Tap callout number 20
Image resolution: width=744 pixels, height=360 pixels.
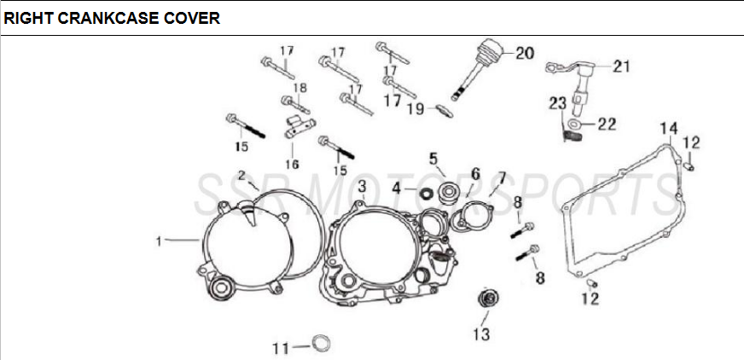point(524,53)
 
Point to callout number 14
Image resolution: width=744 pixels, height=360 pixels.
point(668,129)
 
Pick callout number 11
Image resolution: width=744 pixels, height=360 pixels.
point(281,348)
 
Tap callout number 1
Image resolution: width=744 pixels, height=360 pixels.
point(159,241)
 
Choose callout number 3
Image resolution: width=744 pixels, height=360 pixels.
point(362,186)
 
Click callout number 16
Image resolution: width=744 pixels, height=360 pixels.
point(292,164)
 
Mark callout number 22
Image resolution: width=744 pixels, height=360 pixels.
point(606,124)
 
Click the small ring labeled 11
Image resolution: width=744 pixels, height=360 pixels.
point(321,344)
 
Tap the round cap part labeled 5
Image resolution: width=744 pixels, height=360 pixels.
point(447,192)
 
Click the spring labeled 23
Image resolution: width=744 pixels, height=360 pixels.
point(573,133)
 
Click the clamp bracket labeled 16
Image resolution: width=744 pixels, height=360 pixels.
point(296,126)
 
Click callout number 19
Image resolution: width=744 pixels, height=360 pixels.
point(416,108)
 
